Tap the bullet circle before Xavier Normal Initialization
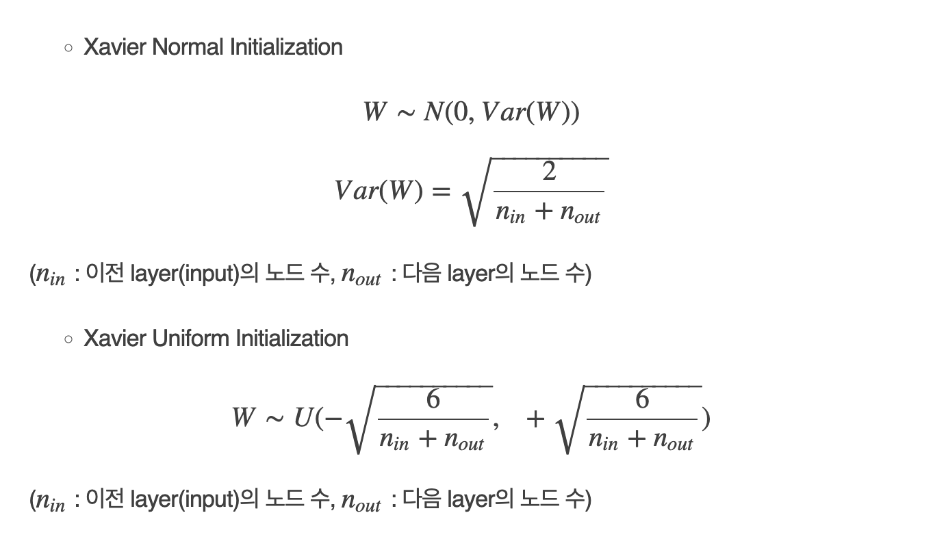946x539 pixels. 68,48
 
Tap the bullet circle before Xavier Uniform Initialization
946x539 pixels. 68,339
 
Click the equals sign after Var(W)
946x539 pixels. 442,192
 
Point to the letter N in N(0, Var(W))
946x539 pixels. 433,111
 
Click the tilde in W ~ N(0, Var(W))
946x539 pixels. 406,113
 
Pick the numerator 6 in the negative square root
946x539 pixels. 433,399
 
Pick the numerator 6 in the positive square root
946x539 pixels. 642,399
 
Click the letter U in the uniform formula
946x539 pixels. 304,417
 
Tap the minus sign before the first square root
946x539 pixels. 334,417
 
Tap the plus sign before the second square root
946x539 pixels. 535,418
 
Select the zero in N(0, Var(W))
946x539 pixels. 460,111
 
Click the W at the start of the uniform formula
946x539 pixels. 243,417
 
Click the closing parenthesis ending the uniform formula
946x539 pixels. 706,418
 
